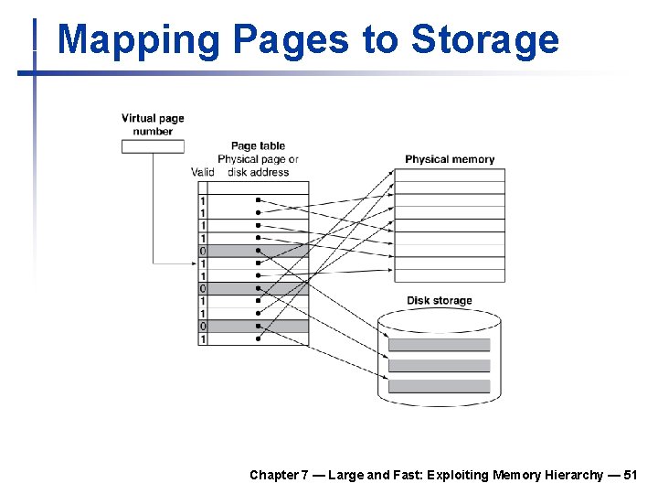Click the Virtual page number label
pyautogui.click(x=153, y=124)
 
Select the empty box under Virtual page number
pyautogui.click(x=153, y=145)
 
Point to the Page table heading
pyautogui.click(x=258, y=145)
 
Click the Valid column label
pyautogui.click(x=203, y=172)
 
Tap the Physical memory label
pyautogui.click(x=450, y=159)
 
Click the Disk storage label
pyautogui.click(x=440, y=301)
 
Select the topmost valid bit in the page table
pyautogui.click(x=203, y=200)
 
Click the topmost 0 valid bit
pyautogui.click(x=203, y=251)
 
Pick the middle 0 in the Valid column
pyautogui.click(x=203, y=288)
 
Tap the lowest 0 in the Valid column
pyautogui.click(x=203, y=327)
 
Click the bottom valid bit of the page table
pyautogui.click(x=203, y=339)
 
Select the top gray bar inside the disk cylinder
pyautogui.click(x=439, y=345)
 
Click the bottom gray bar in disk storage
pyautogui.click(x=439, y=386)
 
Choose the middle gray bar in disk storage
pyautogui.click(x=439, y=365)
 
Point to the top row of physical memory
pyautogui.click(x=449, y=176)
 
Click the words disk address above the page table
pyautogui.click(x=258, y=172)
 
